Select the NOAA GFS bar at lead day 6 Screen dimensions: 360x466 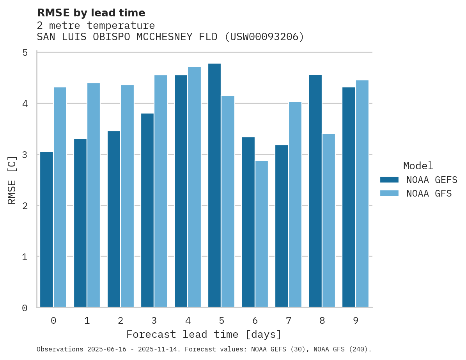click(x=262, y=234)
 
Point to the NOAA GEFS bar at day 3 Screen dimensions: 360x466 click(x=147, y=210)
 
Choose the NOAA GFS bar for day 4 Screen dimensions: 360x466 click(x=195, y=187)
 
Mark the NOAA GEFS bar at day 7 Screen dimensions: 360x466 click(x=282, y=226)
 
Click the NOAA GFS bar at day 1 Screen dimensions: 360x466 click(x=94, y=195)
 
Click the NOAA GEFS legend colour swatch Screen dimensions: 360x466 click(x=389, y=179)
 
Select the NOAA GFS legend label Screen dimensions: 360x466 click(x=429, y=193)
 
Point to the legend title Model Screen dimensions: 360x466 click(x=418, y=166)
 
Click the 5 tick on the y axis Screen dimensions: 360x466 click(x=25, y=53)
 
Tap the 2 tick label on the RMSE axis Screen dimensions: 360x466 click(x=25, y=206)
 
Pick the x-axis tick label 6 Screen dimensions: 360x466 click(x=255, y=321)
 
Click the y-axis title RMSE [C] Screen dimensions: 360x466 click(x=12, y=180)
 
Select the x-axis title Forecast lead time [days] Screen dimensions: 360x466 click(x=204, y=335)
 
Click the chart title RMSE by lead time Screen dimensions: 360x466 click(x=91, y=13)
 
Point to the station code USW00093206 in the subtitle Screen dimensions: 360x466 click(x=267, y=37)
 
